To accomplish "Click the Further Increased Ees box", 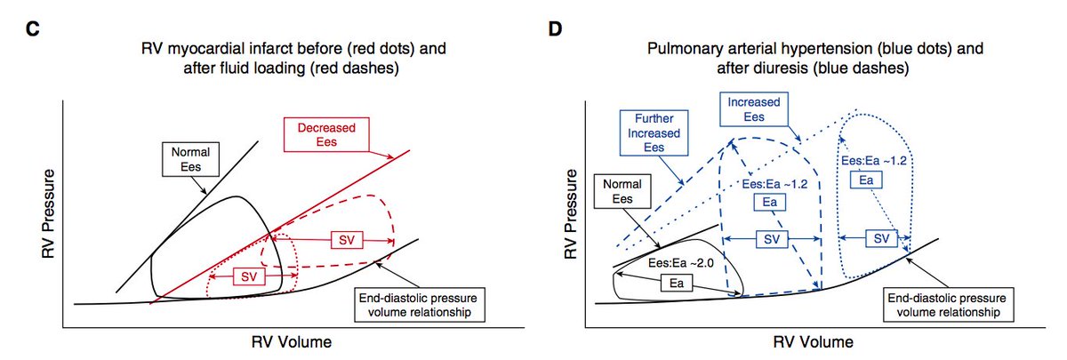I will pyautogui.click(x=654, y=132).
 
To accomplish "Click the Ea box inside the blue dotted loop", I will pyautogui.click(x=865, y=180).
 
